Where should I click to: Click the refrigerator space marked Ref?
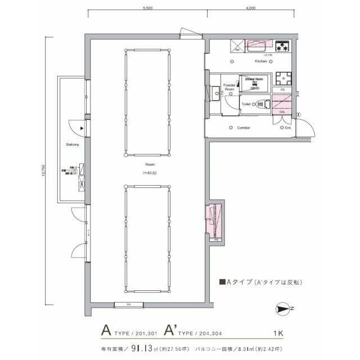point(237,46)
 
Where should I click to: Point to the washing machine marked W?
point(283,78)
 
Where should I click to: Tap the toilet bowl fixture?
point(260,104)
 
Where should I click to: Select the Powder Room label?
point(229,87)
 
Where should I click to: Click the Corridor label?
point(243,128)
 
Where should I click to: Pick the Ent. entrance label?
point(287,128)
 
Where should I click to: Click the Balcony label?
point(72,145)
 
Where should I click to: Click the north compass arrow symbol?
point(285,308)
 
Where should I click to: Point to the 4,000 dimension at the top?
point(251,8)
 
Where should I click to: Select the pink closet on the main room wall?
point(213,220)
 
